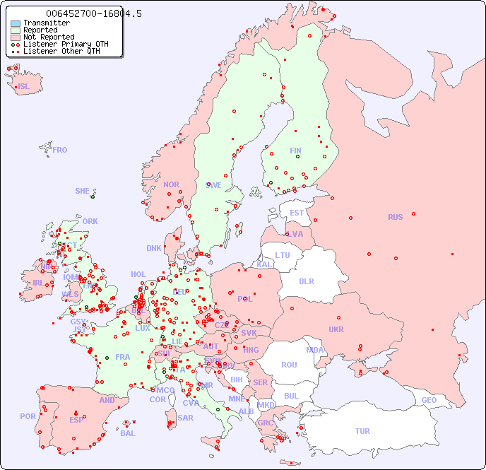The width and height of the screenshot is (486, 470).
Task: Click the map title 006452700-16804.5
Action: coord(93,13)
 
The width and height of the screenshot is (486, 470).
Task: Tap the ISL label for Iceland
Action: coord(24,87)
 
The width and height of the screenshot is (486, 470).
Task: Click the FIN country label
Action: coord(295,151)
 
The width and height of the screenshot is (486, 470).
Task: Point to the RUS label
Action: coord(395,217)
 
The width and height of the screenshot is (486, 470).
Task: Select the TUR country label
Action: coord(362,431)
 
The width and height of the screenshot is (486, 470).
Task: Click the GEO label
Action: coord(429,400)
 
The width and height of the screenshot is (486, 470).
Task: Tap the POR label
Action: coord(28,416)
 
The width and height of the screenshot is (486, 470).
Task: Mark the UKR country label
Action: coord(336,329)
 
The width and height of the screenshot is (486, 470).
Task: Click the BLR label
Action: coord(307,281)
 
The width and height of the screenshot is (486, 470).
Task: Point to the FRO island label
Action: coord(60,150)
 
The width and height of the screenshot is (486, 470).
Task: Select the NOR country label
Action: coord(171,184)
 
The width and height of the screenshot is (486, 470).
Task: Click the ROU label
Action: coord(289,365)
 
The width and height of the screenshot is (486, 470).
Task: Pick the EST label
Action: coord(297,213)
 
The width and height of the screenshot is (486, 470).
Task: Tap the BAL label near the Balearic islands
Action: coord(128,433)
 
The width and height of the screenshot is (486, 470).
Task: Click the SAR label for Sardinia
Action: coord(185,418)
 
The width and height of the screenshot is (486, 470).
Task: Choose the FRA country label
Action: coord(123,357)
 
